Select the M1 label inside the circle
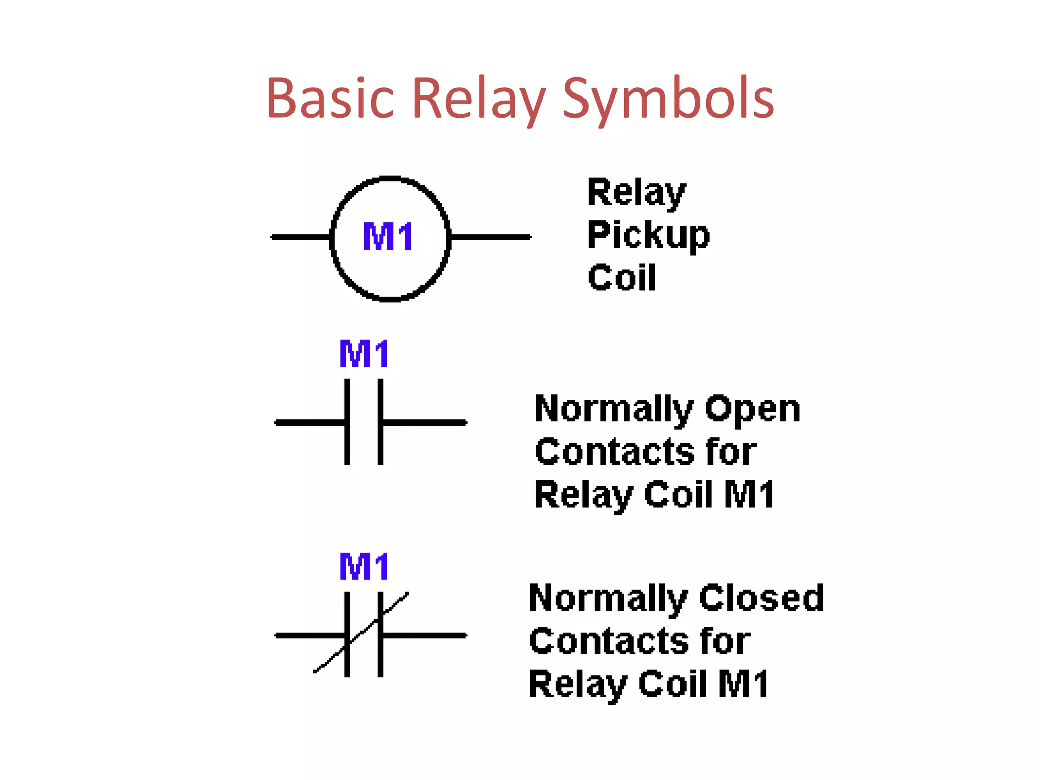tap(388, 237)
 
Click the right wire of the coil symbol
tap(490, 237)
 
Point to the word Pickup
tap(648, 235)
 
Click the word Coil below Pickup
tap(622, 278)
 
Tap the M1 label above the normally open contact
tap(364, 354)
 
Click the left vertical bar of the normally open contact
tap(347, 421)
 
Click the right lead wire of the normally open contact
tap(425, 422)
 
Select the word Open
tap(753, 409)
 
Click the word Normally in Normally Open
tap(613, 409)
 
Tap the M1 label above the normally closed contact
tap(364, 567)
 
